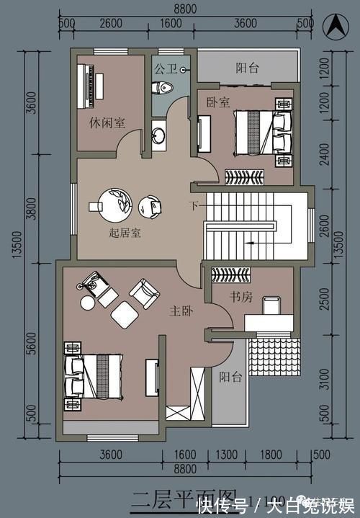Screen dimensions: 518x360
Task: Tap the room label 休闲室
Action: (109, 122)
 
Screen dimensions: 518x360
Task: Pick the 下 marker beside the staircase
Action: (194, 206)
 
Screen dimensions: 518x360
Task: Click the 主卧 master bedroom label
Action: (180, 311)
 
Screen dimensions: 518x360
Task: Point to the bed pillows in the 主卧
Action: (73, 376)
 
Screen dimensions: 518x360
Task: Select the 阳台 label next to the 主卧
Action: (230, 376)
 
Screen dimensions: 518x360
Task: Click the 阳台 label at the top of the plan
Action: (248, 68)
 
